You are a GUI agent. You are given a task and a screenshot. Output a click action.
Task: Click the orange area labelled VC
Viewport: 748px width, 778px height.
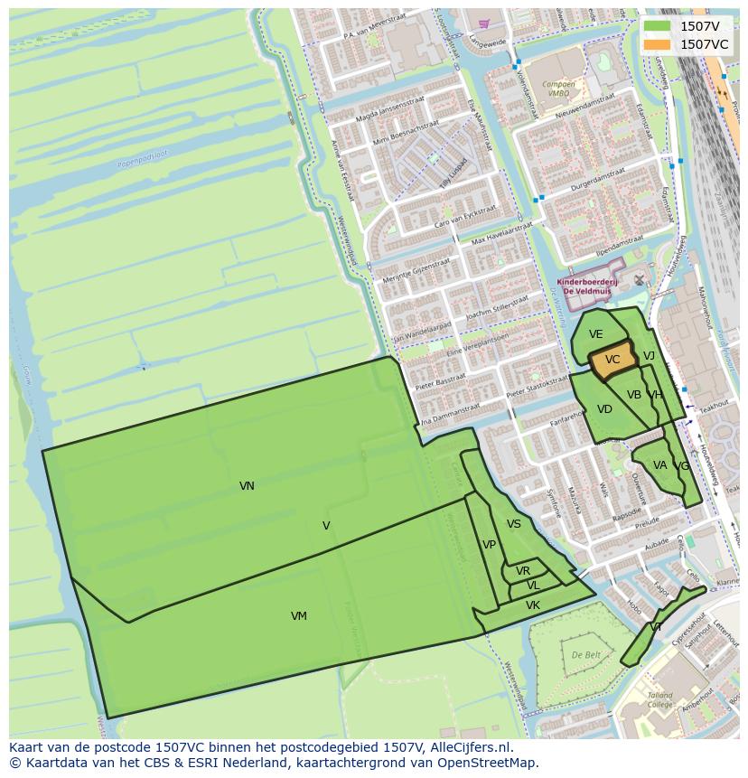[612, 360]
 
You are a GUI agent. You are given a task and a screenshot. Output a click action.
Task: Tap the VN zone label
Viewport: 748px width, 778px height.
[247, 486]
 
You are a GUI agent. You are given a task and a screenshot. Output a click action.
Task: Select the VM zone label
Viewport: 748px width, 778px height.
[299, 616]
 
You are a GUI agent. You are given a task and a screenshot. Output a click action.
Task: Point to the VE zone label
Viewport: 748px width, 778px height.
[595, 334]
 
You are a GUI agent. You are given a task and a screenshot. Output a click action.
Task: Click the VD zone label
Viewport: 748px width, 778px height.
[604, 409]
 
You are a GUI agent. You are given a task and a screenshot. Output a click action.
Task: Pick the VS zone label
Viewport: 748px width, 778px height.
[514, 524]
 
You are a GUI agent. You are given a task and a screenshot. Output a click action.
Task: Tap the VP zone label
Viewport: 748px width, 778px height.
[489, 545]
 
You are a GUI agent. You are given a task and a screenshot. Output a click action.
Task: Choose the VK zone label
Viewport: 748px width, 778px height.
[533, 605]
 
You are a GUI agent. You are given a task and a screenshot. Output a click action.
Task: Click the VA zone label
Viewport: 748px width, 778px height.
[659, 465]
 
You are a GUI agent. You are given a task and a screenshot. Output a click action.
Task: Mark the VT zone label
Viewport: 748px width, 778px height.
[656, 627]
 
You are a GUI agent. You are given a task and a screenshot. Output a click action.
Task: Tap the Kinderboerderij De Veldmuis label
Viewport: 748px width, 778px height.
[586, 286]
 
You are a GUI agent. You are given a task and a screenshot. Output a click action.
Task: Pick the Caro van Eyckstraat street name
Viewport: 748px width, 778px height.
[466, 218]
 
